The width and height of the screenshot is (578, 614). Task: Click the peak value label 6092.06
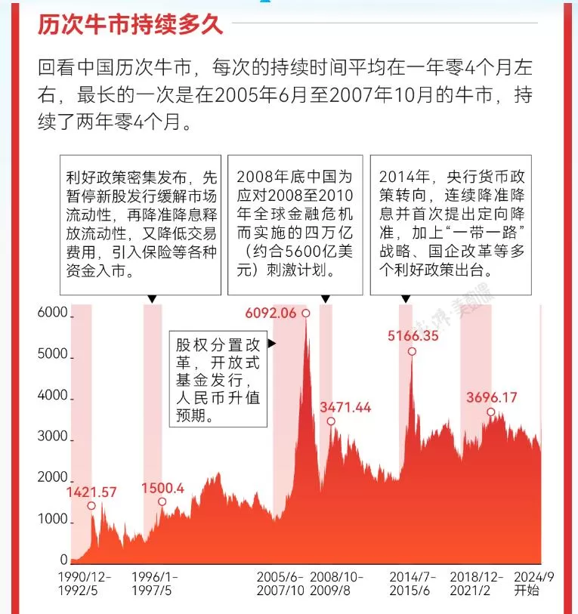270,313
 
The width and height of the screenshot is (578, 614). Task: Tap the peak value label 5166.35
413,336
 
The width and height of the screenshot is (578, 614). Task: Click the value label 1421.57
91,492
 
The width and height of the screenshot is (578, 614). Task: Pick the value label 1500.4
162,488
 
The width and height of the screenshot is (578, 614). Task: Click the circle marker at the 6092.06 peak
306,313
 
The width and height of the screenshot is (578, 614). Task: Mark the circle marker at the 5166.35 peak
412,351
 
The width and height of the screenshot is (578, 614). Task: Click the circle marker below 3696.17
490,412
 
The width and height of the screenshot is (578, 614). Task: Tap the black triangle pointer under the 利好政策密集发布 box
152,299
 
